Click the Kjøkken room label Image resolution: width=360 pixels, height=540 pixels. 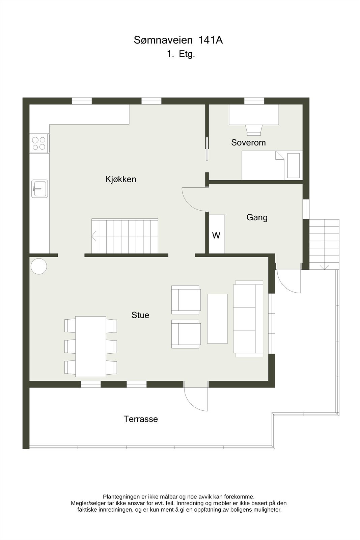(x=121, y=179)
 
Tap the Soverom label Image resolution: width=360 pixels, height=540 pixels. (x=248, y=142)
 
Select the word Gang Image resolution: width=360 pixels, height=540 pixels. (x=257, y=217)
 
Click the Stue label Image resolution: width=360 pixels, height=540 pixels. (x=140, y=315)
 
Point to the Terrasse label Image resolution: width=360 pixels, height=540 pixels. (x=141, y=419)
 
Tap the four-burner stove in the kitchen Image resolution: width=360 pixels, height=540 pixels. (x=39, y=143)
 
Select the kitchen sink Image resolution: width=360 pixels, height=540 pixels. (x=39, y=188)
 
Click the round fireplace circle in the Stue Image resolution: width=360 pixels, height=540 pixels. (x=39, y=266)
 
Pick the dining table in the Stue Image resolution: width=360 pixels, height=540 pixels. (x=90, y=346)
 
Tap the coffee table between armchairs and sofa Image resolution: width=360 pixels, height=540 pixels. (x=217, y=319)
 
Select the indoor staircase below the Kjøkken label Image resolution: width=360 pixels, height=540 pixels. (x=125, y=236)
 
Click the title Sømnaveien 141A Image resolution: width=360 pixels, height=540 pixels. (x=178, y=40)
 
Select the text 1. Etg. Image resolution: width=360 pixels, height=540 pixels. (x=181, y=54)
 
